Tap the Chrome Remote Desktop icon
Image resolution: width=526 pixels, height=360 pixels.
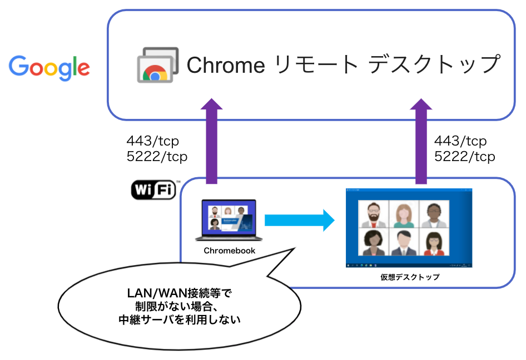pyautogui.click(x=157, y=65)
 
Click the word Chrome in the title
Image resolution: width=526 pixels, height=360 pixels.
pyautogui.click(x=225, y=66)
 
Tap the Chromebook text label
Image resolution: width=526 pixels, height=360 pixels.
pyautogui.click(x=229, y=251)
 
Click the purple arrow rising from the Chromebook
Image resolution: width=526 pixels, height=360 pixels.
pyautogui.click(x=211, y=142)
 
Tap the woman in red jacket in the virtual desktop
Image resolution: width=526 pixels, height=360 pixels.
pyautogui.click(x=434, y=243)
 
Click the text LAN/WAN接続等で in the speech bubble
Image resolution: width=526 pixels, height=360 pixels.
pyautogui.click(x=179, y=293)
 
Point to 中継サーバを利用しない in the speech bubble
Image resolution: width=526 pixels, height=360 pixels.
pyautogui.click(x=179, y=320)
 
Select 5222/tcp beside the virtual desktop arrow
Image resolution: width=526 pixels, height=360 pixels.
pyautogui.click(x=464, y=157)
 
